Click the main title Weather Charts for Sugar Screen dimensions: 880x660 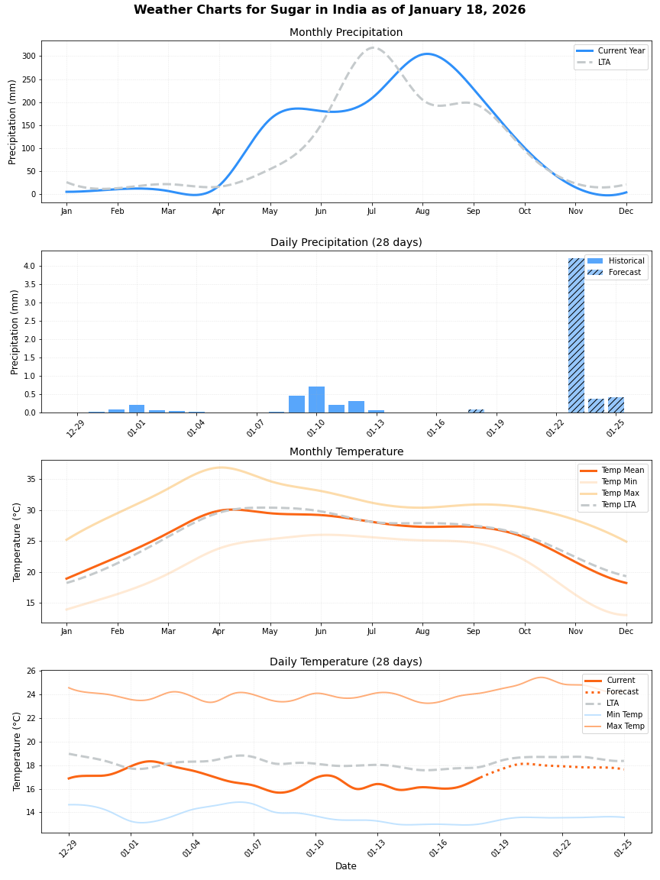point(329,10)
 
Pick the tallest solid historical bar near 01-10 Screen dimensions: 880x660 point(316,400)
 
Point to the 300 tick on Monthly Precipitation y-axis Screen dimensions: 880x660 point(28,57)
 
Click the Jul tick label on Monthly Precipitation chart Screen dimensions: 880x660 point(372,211)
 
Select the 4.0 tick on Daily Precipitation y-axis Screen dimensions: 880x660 point(27,266)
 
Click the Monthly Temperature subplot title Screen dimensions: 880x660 point(346,451)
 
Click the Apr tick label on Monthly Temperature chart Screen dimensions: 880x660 point(219,631)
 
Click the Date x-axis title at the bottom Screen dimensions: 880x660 point(346,866)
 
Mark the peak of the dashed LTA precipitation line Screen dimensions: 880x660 point(372,47)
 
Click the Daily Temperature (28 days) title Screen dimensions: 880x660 point(346,662)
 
